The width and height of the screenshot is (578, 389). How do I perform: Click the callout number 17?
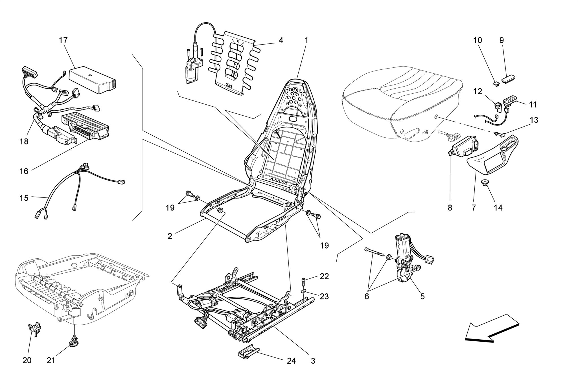coord(63,40)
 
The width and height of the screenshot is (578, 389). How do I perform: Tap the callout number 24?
coord(291,361)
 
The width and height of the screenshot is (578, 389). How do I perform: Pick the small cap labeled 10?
coord(496,83)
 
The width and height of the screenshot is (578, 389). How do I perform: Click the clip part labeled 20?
coord(34,329)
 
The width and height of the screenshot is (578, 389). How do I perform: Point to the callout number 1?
coord(306,40)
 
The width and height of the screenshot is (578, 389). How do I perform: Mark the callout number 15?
coord(24,198)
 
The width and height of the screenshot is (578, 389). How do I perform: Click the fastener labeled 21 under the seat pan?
coord(74,341)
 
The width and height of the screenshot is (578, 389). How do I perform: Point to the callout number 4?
coord(281,40)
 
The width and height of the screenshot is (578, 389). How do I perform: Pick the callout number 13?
coord(534,120)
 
